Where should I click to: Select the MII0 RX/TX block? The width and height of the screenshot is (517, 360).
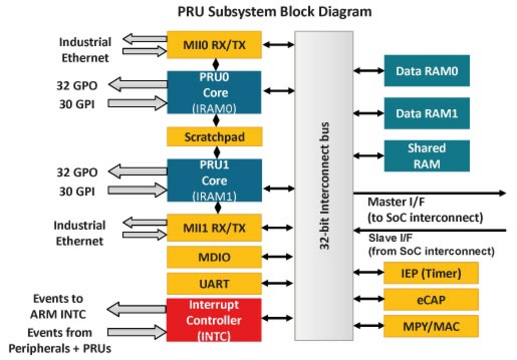214,44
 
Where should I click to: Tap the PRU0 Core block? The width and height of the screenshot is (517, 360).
214,92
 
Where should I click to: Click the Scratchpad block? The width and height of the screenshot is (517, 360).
214,137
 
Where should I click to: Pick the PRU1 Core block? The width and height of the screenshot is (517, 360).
214,180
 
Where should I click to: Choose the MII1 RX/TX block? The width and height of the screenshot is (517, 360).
214,228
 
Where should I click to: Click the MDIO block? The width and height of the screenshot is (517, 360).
214,257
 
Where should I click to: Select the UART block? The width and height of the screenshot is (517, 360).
214,284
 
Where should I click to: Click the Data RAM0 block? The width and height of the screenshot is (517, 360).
427,71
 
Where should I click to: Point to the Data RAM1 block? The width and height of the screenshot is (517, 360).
427,113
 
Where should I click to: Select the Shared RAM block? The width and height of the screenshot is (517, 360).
427,156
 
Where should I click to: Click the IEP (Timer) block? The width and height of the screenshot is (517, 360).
431,273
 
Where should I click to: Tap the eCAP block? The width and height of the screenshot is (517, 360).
431,299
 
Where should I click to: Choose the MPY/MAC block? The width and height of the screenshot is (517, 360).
431,326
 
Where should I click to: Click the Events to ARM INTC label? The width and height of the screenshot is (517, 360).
58,306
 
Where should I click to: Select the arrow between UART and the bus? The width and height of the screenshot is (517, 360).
278,284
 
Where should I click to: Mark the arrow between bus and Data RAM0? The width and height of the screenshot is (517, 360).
369,71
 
